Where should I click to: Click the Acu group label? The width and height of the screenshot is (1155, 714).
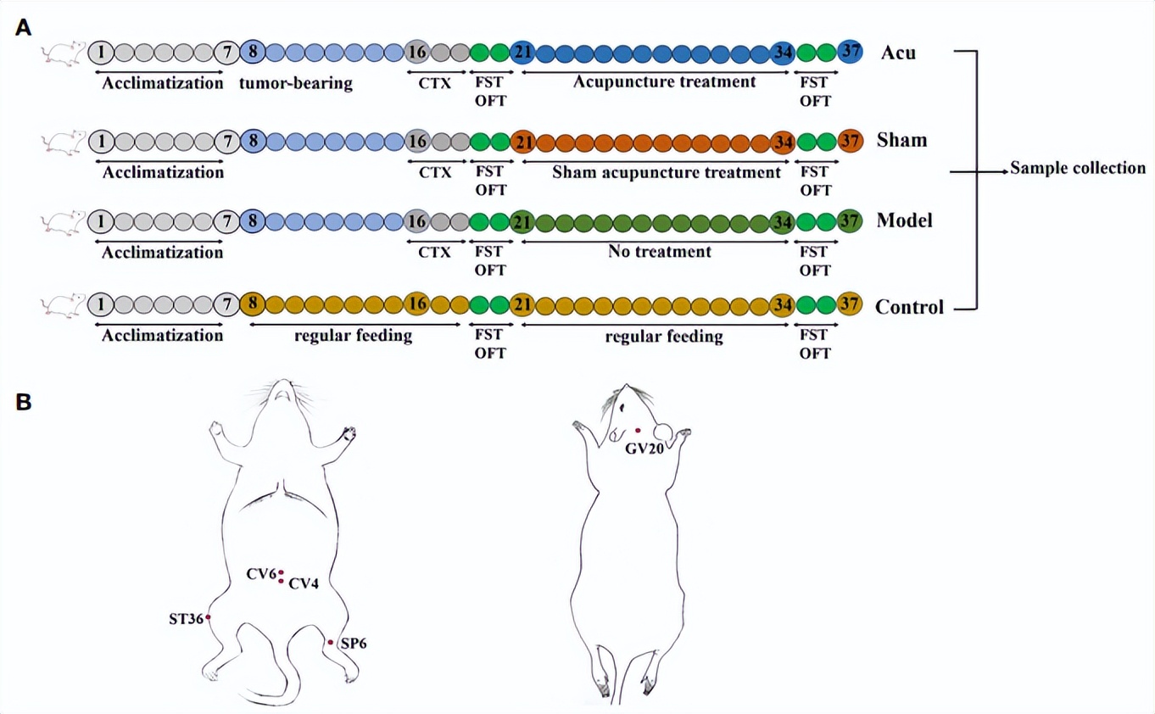[x=898, y=53]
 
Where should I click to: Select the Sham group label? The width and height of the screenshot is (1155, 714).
[x=901, y=139]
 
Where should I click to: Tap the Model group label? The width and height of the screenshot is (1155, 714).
[x=904, y=220]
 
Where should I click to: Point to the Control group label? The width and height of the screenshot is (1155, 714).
[x=909, y=307]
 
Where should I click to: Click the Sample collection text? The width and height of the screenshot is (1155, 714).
[x=1077, y=168]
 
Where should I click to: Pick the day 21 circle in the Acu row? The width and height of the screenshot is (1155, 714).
[x=522, y=53]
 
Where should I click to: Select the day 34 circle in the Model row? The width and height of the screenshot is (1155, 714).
[x=783, y=222]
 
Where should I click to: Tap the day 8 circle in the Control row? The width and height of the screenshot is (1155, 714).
[x=252, y=304]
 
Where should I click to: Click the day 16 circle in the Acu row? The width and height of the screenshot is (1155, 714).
[x=416, y=53]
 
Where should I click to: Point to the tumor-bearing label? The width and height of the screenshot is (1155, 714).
[x=296, y=83]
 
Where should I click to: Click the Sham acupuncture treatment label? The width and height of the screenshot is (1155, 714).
[x=666, y=172]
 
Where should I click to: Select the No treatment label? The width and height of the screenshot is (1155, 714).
[x=659, y=252]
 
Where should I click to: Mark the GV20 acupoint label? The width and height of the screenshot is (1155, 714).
[x=644, y=449]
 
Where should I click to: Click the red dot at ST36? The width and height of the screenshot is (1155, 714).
[x=209, y=617]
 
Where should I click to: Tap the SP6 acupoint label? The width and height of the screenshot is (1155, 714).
[x=353, y=644]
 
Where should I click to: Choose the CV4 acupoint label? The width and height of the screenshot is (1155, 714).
[x=303, y=583]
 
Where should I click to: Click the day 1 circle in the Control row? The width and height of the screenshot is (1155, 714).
[x=101, y=304]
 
